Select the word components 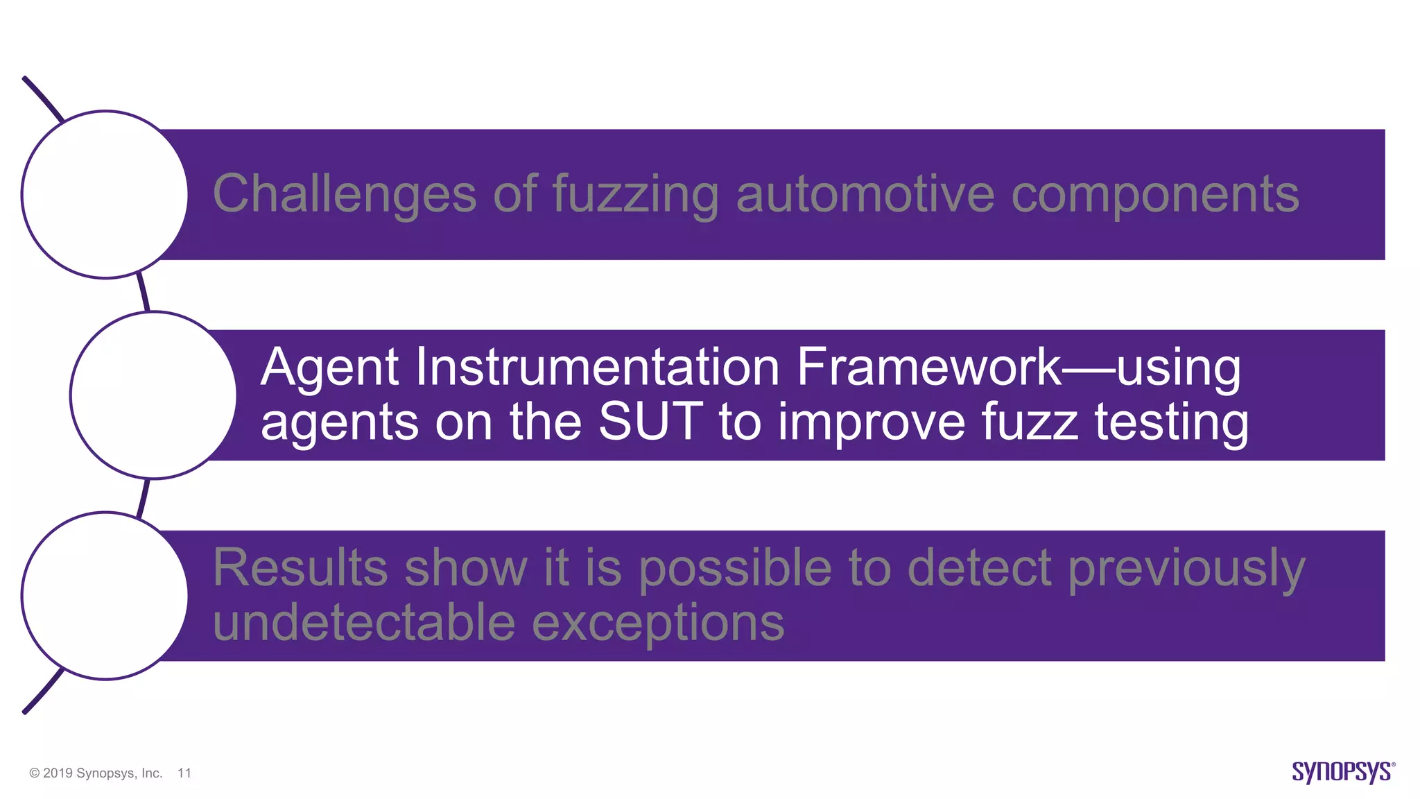coord(1155,195)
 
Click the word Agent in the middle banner coord(330,368)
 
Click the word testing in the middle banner coord(1172,422)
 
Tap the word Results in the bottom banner coord(300,568)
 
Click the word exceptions coord(658,623)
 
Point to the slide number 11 coord(184,773)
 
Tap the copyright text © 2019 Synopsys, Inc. coord(96,773)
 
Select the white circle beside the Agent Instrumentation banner coord(153,395)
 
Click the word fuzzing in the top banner coord(636,195)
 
